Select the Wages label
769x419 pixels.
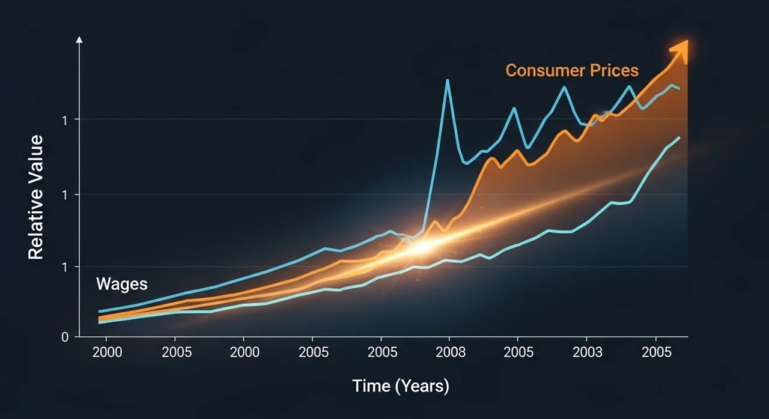121,284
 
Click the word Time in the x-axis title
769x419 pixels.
371,386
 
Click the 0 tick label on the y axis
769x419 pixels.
64,337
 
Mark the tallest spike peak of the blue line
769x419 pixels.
447,80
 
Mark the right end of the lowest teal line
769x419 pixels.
679,137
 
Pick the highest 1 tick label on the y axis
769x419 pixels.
64,119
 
